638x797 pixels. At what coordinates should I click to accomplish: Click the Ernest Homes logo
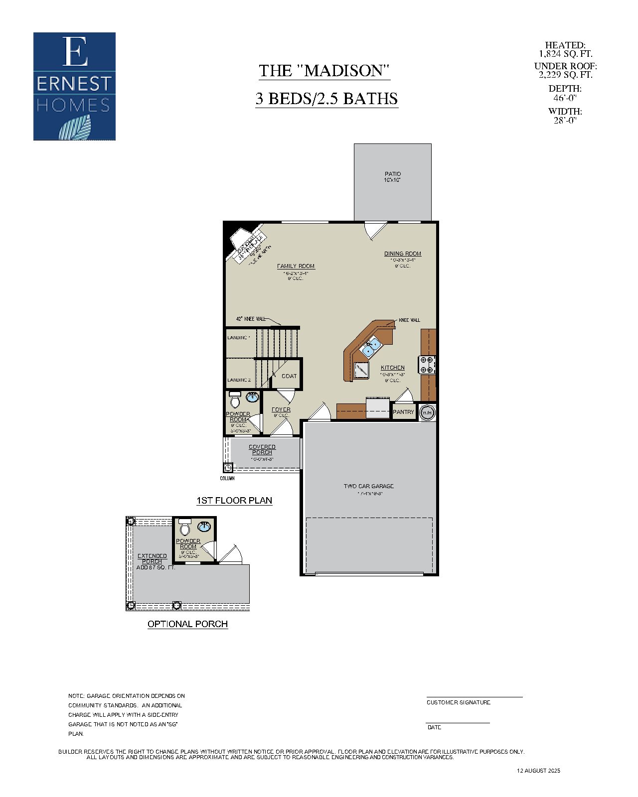click(74, 86)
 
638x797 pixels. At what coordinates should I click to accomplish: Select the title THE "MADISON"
click(323, 71)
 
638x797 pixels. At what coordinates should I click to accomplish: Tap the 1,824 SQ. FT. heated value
click(565, 54)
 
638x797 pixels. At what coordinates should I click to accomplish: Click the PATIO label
click(392, 174)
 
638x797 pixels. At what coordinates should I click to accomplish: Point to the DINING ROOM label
click(402, 254)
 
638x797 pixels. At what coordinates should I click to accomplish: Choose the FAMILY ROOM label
click(296, 266)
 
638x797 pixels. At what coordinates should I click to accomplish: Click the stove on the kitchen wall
click(428, 365)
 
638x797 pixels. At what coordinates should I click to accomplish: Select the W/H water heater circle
click(427, 412)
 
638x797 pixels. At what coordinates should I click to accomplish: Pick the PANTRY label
click(403, 412)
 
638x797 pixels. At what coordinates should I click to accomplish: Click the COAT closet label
click(289, 376)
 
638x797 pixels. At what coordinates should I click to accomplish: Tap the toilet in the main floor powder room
click(235, 399)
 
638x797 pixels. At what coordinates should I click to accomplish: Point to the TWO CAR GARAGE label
click(369, 486)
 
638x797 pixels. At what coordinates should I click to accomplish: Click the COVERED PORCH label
click(262, 449)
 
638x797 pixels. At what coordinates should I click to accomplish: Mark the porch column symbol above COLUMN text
click(228, 468)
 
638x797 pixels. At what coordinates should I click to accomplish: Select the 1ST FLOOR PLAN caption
click(234, 500)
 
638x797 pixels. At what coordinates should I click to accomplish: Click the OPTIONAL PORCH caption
click(187, 624)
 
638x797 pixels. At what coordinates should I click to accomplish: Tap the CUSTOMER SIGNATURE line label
click(458, 702)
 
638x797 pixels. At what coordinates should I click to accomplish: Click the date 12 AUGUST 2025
click(538, 771)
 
